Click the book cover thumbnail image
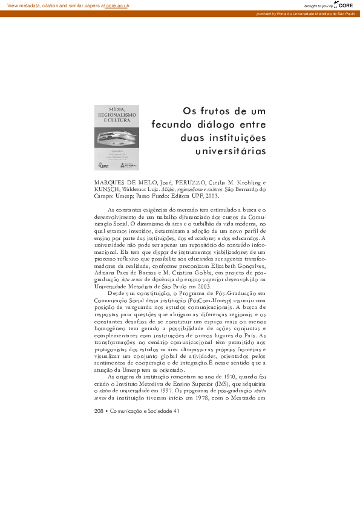116,137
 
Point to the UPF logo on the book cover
102,164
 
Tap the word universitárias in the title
231,151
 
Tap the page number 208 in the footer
100,411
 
